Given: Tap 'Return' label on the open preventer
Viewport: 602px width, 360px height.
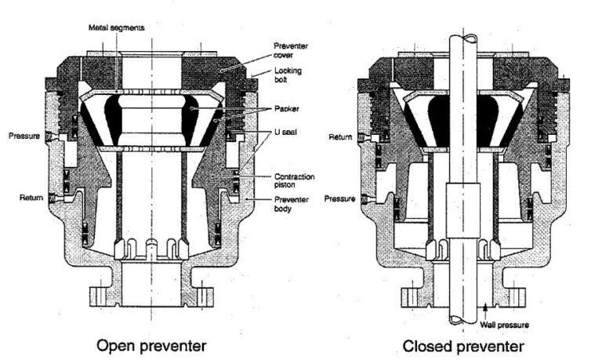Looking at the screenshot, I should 31,198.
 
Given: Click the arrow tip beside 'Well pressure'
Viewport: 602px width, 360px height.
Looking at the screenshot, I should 486,311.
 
